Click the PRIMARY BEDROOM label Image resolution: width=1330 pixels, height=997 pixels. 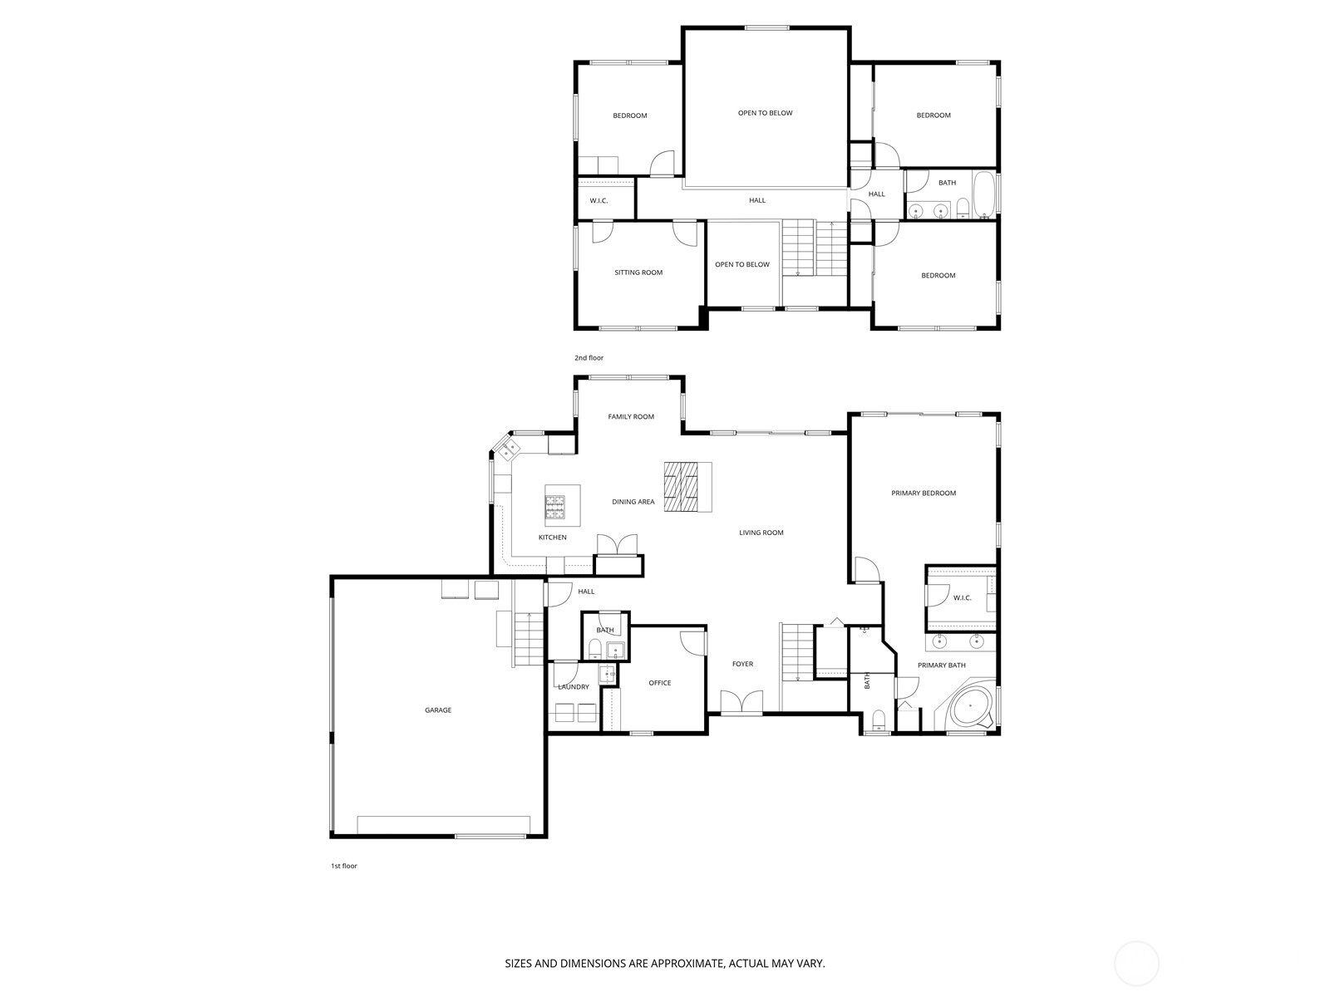coord(924,494)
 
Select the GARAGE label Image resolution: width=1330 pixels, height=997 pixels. coord(438,710)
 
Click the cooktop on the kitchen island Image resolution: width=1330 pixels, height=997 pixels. coord(555,507)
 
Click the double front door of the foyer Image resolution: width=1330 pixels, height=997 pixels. coord(741,703)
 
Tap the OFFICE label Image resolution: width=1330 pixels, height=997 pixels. coord(660,683)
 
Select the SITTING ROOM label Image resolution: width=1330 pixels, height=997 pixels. coord(638,273)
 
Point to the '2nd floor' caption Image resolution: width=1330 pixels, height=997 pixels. coord(589,358)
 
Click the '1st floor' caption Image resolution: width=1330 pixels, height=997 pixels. coord(344,866)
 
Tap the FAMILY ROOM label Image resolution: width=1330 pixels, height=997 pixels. coord(631,417)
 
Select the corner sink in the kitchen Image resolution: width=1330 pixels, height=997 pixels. coord(508,449)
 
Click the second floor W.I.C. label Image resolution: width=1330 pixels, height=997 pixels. coord(598,201)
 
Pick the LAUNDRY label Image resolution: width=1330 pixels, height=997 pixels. coord(574,687)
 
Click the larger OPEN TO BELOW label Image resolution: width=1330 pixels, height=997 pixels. coord(765,113)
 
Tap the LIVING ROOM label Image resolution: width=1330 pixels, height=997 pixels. coord(761,533)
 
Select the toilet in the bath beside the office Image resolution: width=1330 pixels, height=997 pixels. coord(595,648)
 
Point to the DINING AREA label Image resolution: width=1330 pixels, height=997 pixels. coord(633,502)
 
